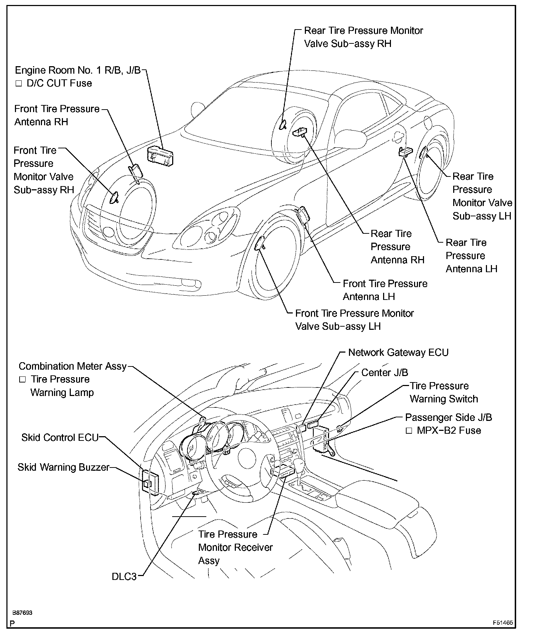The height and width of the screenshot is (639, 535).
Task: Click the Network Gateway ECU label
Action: pos(398,353)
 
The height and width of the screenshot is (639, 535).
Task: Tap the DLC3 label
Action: pos(124,576)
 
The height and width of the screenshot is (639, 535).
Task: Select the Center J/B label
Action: pos(384,373)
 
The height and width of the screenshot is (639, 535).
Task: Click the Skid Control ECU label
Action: pos(60,437)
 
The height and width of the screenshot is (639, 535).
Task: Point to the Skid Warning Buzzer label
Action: pos(63,467)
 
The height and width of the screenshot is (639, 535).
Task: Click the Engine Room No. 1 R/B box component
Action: pos(160,156)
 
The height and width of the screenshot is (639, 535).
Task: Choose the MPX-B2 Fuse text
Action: pos(449,431)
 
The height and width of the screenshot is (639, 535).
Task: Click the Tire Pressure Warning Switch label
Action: pos(444,392)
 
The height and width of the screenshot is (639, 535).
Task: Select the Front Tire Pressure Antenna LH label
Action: pos(385,290)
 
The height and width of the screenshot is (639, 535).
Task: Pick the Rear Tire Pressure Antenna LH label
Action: pos(471,256)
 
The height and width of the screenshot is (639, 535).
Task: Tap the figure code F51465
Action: pos(503,623)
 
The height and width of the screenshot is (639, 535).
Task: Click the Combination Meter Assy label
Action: pos(73,366)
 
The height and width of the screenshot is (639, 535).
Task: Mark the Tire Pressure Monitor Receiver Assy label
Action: pos(235,547)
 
